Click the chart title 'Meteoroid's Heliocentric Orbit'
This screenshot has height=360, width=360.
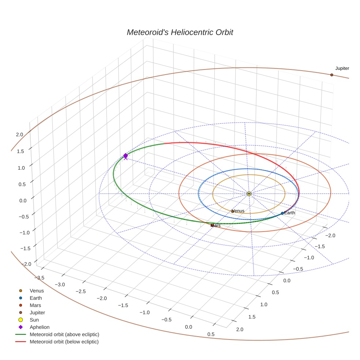click(x=180, y=32)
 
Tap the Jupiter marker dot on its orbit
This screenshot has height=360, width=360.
click(x=331, y=75)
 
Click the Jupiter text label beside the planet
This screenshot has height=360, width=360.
click(x=342, y=68)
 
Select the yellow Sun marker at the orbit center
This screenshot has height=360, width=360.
click(x=249, y=194)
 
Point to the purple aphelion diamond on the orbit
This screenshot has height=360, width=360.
click(x=125, y=155)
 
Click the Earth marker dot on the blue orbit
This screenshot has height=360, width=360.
click(x=282, y=213)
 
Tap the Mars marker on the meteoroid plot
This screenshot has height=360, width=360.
click(x=212, y=225)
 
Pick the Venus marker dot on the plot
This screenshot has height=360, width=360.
click(x=232, y=211)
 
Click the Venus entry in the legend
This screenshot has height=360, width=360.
click(x=37, y=291)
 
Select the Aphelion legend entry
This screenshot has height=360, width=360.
click(x=40, y=327)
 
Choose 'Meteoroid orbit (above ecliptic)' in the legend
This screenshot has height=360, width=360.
click(x=64, y=334)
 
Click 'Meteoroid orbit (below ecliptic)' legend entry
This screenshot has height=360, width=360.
click(x=64, y=342)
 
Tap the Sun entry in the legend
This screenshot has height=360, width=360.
click(x=34, y=320)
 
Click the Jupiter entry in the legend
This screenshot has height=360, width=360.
click(x=37, y=312)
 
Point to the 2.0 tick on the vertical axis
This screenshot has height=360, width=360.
click(x=19, y=135)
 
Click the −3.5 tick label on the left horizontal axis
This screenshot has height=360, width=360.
click(x=39, y=278)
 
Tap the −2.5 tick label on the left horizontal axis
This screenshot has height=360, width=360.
click(x=81, y=291)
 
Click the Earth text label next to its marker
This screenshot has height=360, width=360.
click(x=289, y=213)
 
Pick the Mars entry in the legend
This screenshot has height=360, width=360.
click(x=35, y=305)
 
